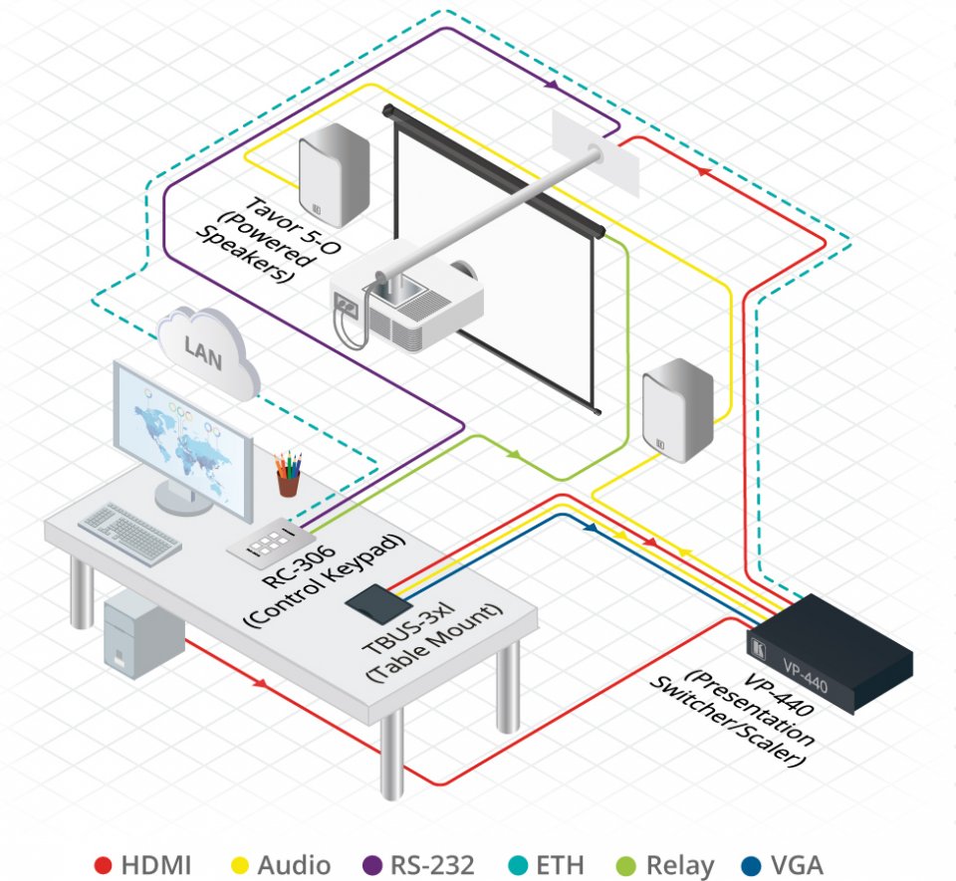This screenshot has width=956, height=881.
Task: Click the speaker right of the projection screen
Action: (677, 411)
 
